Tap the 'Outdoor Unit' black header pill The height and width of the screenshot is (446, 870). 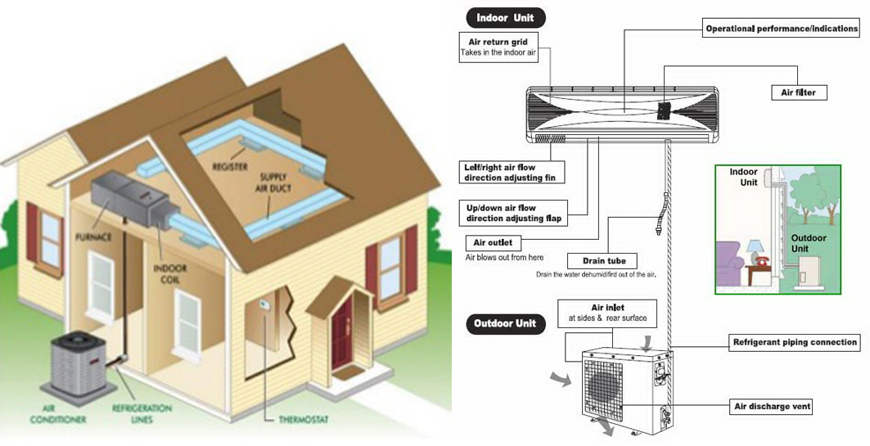505,323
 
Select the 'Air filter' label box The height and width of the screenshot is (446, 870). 799,92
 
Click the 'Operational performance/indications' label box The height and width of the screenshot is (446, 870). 782,29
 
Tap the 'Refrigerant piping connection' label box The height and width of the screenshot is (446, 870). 794,343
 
